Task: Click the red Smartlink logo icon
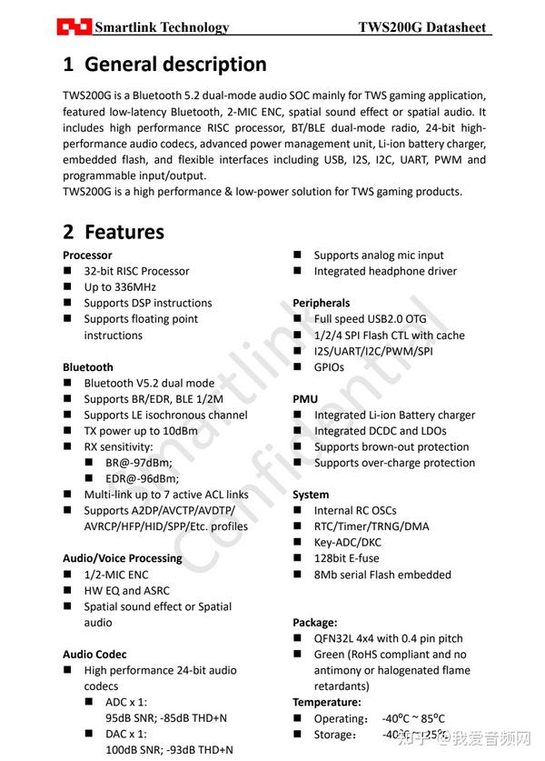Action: click(74, 26)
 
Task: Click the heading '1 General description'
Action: click(164, 65)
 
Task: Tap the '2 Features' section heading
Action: click(114, 232)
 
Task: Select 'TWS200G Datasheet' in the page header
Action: click(423, 27)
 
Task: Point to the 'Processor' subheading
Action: click(87, 255)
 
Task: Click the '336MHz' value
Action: click(122, 287)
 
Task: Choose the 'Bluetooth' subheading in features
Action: click(88, 367)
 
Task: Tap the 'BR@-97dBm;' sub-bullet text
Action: click(139, 463)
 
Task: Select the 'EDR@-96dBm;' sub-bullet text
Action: click(143, 479)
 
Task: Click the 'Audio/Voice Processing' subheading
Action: click(122, 558)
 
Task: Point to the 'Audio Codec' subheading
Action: click(94, 655)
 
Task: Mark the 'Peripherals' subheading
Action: click(321, 303)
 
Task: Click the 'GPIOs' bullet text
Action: click(330, 367)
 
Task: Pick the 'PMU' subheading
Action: click(305, 399)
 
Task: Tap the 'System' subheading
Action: click(311, 495)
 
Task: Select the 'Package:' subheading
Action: click(314, 623)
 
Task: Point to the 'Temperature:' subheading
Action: click(326, 702)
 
